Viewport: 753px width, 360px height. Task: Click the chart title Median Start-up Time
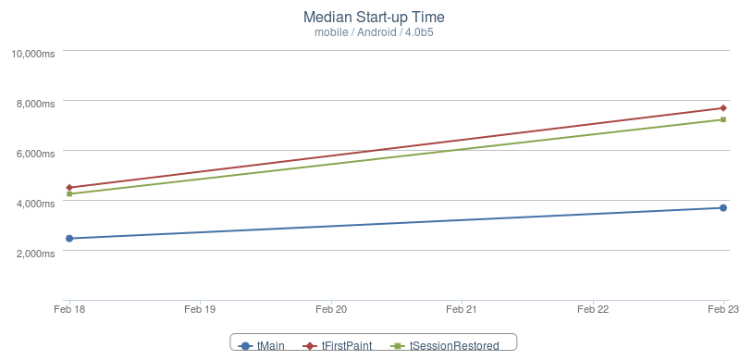pyautogui.click(x=374, y=18)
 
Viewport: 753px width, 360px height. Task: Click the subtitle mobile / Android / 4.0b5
pyautogui.click(x=374, y=32)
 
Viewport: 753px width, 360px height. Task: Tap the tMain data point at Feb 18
pyautogui.click(x=69, y=239)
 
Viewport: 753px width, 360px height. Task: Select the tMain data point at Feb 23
pyautogui.click(x=723, y=207)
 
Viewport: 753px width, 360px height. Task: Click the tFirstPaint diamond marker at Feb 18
pyautogui.click(x=69, y=188)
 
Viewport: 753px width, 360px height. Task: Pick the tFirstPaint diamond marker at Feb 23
pyautogui.click(x=723, y=108)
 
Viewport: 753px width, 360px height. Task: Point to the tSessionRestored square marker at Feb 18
pyautogui.click(x=69, y=194)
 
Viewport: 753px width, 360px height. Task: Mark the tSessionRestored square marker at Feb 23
pyautogui.click(x=723, y=119)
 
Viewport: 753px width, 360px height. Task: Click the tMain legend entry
pyautogui.click(x=261, y=345)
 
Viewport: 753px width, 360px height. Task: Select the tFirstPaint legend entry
pyautogui.click(x=337, y=345)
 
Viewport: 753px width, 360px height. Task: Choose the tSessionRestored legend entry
pyautogui.click(x=444, y=345)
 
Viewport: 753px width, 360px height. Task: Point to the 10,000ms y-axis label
pyautogui.click(x=32, y=54)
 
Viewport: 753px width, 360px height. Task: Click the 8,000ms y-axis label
pyautogui.click(x=35, y=104)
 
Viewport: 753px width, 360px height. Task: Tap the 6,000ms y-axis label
pyautogui.click(x=35, y=154)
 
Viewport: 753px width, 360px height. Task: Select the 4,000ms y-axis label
pyautogui.click(x=35, y=204)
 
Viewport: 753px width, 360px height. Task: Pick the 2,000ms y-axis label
pyautogui.click(x=35, y=254)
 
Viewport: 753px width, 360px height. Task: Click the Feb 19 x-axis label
pyautogui.click(x=200, y=309)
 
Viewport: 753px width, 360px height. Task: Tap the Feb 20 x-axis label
pyautogui.click(x=331, y=309)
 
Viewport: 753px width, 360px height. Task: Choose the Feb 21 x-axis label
pyautogui.click(x=462, y=309)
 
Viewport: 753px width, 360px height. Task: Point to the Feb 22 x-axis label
pyautogui.click(x=593, y=309)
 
